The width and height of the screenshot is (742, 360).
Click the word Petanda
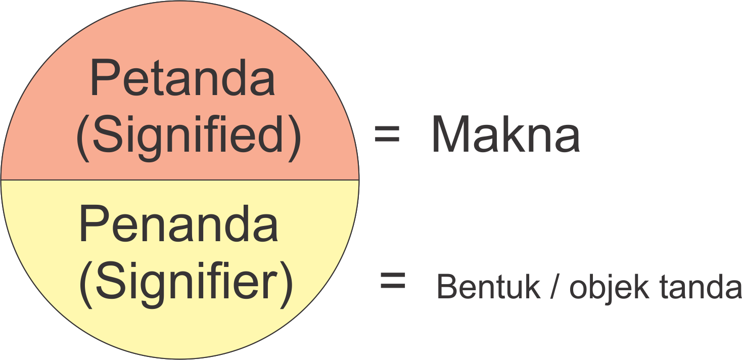pos(182,78)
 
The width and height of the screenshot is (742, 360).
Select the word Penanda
pos(178,225)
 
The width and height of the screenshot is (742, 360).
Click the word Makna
pos(505,136)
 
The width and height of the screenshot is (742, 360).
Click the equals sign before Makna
pos(387,136)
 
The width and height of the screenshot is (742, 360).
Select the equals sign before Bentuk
pos(393,281)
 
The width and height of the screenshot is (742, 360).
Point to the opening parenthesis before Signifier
pos(86,283)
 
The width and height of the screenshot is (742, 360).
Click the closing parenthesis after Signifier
pos(286,283)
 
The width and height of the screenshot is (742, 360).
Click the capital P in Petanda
pos(103,78)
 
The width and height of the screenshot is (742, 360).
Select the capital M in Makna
pos(453,136)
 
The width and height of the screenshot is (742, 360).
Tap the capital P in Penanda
pos(92,225)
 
